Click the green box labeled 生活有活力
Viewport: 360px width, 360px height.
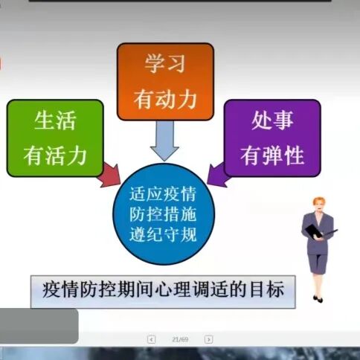pos(55,138)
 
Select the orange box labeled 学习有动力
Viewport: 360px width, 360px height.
pos(165,81)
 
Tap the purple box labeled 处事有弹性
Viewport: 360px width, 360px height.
pos(272,138)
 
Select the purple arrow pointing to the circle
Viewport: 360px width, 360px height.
pos(218,174)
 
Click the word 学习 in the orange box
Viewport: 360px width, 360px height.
pos(165,62)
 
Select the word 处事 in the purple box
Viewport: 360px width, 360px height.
pos(272,120)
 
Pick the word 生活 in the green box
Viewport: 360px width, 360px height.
pos(55,120)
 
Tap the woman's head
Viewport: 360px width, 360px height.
pos(318,205)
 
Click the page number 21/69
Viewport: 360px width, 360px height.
pos(179,339)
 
